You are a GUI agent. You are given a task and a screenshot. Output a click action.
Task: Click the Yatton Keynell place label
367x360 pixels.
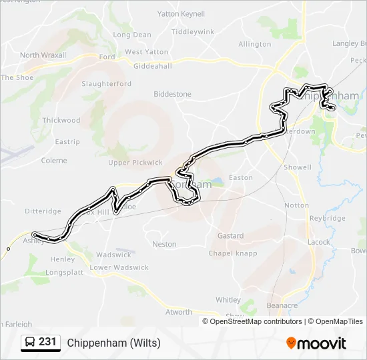point(181,13)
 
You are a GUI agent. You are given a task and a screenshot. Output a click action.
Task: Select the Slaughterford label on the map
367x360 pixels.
point(106,84)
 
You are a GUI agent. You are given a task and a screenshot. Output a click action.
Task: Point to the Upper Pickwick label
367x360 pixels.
point(135,163)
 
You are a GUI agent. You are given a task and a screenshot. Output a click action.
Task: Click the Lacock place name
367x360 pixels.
point(319,242)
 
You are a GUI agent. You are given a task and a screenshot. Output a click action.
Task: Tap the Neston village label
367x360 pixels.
point(164,245)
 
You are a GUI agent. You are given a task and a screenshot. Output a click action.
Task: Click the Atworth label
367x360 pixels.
point(178,312)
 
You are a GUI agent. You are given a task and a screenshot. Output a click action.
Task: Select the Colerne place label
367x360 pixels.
point(54,161)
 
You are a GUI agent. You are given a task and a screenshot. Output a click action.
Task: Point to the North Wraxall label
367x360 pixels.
point(43,55)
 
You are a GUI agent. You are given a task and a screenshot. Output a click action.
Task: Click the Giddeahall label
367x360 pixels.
point(153,67)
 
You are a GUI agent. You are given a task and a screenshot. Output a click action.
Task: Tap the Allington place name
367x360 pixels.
point(255,45)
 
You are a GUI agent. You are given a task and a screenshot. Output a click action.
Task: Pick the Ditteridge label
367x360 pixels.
point(43,211)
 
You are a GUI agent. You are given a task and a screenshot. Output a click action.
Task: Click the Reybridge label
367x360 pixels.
point(328,218)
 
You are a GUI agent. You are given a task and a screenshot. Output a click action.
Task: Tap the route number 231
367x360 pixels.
point(47,342)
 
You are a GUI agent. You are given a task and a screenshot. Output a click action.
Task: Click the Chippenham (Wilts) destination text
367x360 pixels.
point(114,343)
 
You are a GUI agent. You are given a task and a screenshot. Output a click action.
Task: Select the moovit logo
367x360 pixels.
point(316,343)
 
